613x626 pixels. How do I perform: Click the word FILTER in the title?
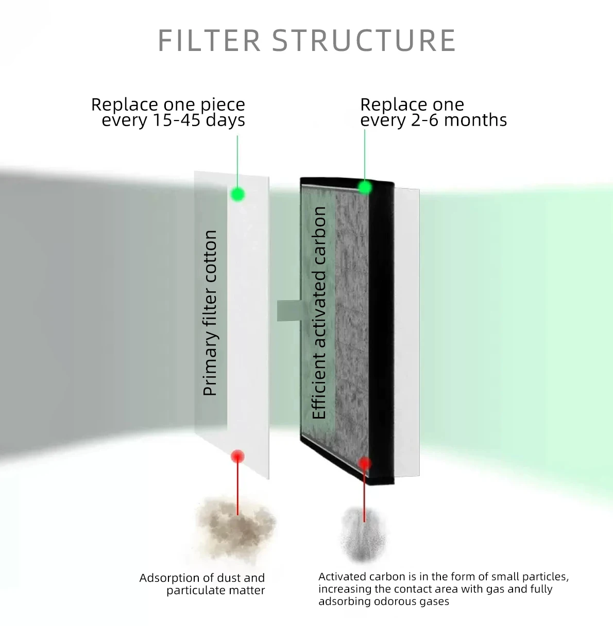point(209,41)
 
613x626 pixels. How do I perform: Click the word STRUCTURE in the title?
point(364,41)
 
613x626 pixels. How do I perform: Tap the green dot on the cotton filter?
point(237,194)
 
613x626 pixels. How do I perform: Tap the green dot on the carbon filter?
point(365,187)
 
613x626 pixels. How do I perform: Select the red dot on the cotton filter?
point(237,456)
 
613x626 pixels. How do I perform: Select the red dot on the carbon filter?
point(365,463)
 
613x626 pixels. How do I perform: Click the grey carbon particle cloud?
point(364,535)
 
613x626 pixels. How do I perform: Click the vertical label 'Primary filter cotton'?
point(210,313)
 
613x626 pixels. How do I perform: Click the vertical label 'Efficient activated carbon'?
point(319,313)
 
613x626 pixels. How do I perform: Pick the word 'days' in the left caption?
point(225,120)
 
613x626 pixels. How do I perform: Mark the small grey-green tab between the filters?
point(288,310)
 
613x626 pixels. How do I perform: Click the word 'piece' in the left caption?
point(223,105)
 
